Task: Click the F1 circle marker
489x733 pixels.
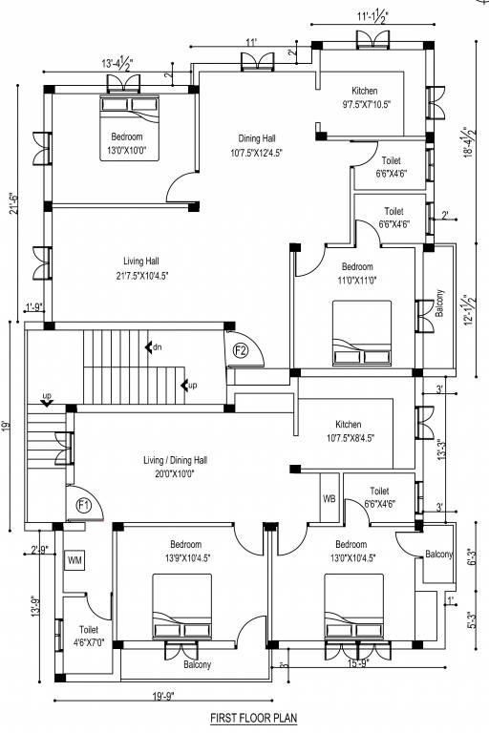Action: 83,506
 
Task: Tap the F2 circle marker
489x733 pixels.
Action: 242,350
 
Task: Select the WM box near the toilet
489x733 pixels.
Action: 74,561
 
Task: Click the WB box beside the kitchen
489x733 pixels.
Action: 330,499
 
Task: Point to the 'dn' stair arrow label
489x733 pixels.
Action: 153,347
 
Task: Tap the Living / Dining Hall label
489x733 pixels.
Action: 176,466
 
